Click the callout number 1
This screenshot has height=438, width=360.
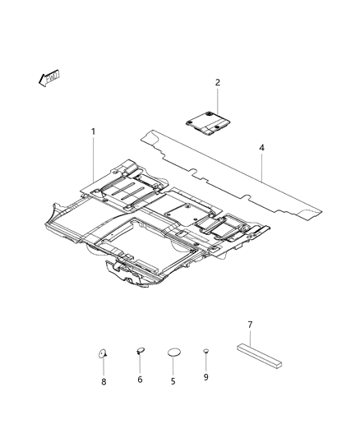93,131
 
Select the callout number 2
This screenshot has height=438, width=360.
217,82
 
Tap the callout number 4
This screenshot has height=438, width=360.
261,149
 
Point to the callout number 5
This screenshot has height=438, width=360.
173,380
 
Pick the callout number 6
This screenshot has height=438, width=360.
141,380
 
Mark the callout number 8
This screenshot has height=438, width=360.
103,380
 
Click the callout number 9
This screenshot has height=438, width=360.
205,377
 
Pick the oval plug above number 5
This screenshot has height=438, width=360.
173,353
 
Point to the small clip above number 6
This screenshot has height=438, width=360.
140,351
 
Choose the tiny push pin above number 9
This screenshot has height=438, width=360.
205,352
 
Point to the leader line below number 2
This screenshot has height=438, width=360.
217,100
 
